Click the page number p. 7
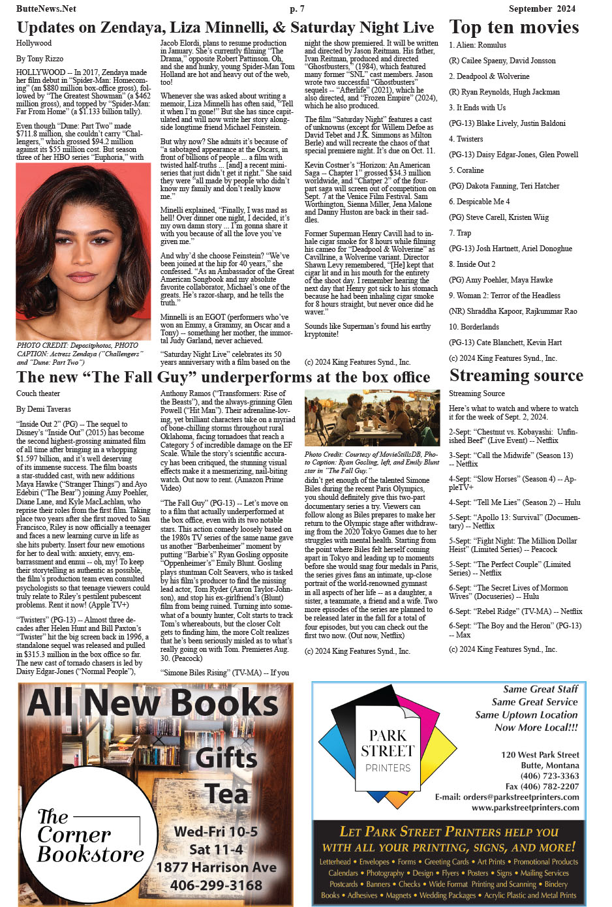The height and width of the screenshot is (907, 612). pos(297,8)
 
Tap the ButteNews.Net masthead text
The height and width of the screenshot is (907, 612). pos(46,8)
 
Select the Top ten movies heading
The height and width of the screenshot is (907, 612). pos(513,27)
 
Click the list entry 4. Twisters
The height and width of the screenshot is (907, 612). pos(466,139)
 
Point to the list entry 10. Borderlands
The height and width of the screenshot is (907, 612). pos(474,327)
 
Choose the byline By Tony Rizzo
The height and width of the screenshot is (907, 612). pos(40,59)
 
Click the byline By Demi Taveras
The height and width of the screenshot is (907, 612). pos(44,409)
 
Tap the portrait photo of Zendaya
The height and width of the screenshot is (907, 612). pos(84,251)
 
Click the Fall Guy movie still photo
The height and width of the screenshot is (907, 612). pos(372,418)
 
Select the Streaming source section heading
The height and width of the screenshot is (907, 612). pos(516,376)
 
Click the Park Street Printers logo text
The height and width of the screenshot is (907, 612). pos(388,750)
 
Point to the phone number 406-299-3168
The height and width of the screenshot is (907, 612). pos(216,885)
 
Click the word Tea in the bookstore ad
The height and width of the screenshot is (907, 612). pos(227,794)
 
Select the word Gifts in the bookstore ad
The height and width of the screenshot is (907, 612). pos(226,758)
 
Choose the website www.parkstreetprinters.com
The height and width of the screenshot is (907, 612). pos(525,807)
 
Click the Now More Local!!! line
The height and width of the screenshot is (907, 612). pos(536,728)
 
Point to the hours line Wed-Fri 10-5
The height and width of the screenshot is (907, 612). pos(215,832)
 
